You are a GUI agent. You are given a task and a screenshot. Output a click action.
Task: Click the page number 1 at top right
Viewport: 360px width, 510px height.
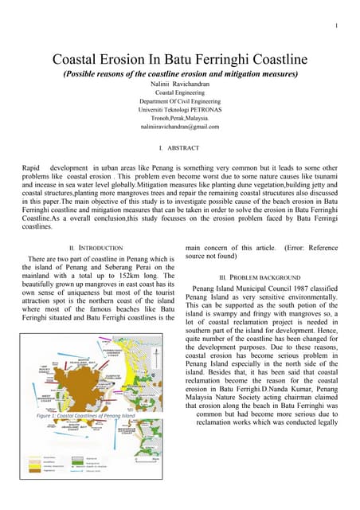point(338,27)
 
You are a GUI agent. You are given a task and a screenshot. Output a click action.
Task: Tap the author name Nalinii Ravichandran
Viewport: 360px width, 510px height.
point(181,83)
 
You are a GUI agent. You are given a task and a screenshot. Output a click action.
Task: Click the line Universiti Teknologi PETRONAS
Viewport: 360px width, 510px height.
point(181,109)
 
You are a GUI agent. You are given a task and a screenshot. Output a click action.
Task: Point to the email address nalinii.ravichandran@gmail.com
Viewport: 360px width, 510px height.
point(180,127)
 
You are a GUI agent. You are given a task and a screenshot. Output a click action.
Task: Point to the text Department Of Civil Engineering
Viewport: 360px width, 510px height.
point(181,100)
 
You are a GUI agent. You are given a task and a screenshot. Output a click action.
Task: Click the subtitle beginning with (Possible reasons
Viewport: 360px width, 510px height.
point(180,73)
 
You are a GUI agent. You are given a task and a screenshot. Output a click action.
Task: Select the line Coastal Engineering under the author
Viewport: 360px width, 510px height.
point(181,92)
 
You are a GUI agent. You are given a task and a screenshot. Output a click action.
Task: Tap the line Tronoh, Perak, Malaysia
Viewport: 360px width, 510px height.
point(181,118)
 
